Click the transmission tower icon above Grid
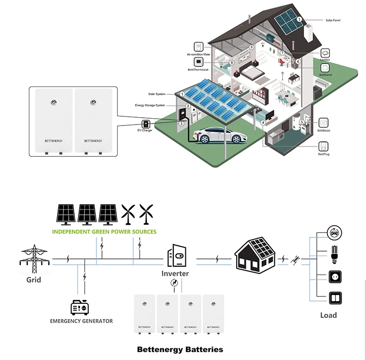34,259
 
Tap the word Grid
34,280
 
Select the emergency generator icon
81,307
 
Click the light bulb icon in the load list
334,254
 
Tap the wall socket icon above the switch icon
334,275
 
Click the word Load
328,315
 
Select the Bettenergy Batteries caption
180,349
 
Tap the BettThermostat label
198,70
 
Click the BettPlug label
325,154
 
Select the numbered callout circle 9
232,63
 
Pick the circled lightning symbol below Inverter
173,283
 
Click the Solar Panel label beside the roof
334,21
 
